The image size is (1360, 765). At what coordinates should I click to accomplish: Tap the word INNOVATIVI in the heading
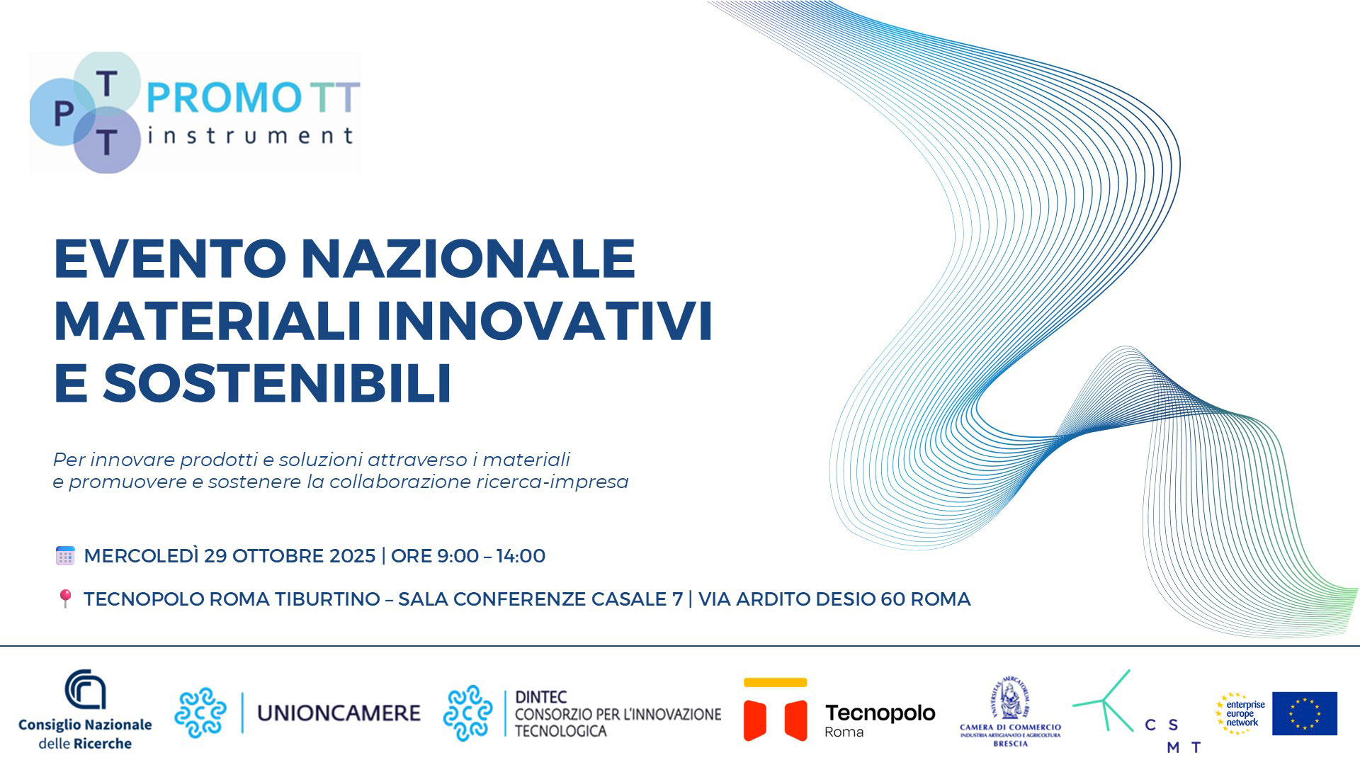pyautogui.click(x=544, y=321)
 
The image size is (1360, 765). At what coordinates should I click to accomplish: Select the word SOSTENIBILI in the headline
pyautogui.click(x=278, y=383)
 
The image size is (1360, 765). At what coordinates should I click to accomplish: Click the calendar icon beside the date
pyautogui.click(x=65, y=556)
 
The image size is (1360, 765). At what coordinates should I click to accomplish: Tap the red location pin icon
pyautogui.click(x=65, y=599)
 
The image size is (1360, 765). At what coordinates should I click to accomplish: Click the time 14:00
pyautogui.click(x=521, y=556)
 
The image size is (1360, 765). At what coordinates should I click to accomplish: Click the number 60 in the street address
pyautogui.click(x=892, y=599)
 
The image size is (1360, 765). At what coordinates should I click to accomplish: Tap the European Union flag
pyautogui.click(x=1305, y=713)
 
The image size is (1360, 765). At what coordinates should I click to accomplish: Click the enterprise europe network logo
pyautogui.click(x=1241, y=713)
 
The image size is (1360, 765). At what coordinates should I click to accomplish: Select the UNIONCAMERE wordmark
pyautogui.click(x=339, y=713)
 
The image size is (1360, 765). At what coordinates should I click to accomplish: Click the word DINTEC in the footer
pyautogui.click(x=541, y=697)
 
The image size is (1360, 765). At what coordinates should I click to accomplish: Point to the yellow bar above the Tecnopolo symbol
pyautogui.click(x=775, y=683)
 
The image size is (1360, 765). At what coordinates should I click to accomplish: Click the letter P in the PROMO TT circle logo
pyautogui.click(x=64, y=114)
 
